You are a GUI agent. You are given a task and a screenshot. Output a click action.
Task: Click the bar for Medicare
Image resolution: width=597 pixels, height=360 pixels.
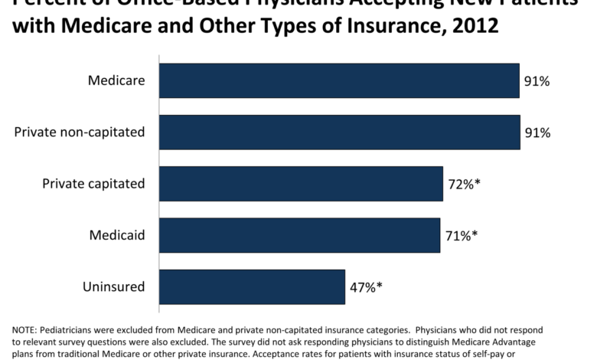[x=339, y=80]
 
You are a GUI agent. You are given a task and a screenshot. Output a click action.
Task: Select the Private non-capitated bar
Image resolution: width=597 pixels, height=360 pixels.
[x=339, y=132]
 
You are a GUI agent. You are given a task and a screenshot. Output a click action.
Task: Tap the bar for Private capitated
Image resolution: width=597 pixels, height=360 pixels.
[x=301, y=183]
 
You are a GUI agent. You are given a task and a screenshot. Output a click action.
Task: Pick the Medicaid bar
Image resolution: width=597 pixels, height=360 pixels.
[x=299, y=235]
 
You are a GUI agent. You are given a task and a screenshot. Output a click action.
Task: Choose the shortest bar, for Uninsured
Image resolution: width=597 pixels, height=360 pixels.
[x=252, y=286]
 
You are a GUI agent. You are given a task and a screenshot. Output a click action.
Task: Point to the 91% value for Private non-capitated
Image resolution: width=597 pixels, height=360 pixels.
[x=537, y=133]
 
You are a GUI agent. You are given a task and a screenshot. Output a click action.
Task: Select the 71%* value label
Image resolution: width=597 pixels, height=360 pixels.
[x=461, y=236]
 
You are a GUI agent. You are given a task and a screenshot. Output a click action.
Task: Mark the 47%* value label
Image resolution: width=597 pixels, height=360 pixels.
[x=366, y=287]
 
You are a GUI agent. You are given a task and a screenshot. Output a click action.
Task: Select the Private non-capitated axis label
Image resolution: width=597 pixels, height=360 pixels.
[x=80, y=132]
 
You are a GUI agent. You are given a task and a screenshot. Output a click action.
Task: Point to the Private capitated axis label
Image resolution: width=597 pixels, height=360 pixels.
[x=93, y=183]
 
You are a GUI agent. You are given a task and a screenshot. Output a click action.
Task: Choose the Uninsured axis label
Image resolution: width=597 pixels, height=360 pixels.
[x=114, y=286]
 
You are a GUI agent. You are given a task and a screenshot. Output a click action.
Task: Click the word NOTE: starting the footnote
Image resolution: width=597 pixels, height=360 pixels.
[x=24, y=329]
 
